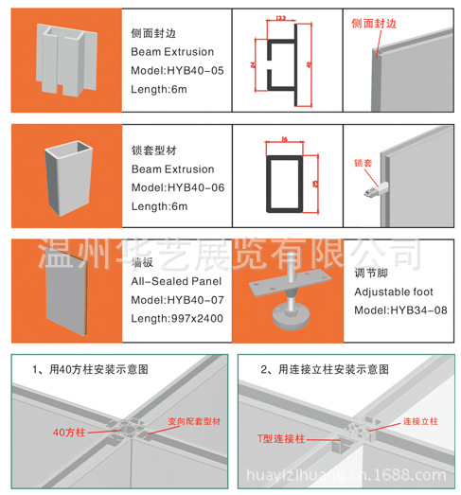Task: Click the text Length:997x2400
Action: (177, 318)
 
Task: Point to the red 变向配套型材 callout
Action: (194, 420)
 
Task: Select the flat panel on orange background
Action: (63, 288)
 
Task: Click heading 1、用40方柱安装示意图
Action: (92, 367)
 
